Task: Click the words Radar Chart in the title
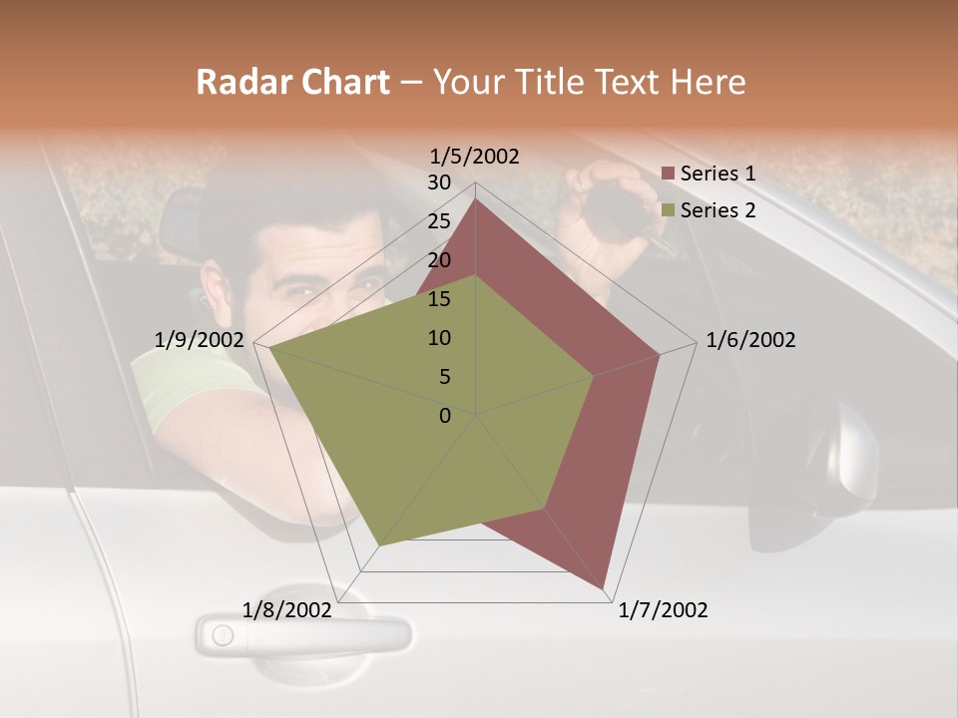(292, 82)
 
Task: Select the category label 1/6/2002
(750, 340)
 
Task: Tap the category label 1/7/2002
(663, 610)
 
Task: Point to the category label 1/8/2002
(287, 610)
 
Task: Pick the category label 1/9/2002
(200, 340)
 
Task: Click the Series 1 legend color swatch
(669, 174)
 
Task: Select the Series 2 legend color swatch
(669, 210)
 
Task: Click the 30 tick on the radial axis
(439, 182)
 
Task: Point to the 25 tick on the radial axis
(439, 221)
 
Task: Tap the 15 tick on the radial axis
(439, 299)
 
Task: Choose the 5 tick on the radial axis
(444, 377)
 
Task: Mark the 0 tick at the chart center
(445, 416)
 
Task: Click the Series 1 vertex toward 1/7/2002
(604, 588)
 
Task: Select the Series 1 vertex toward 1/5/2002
(476, 199)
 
